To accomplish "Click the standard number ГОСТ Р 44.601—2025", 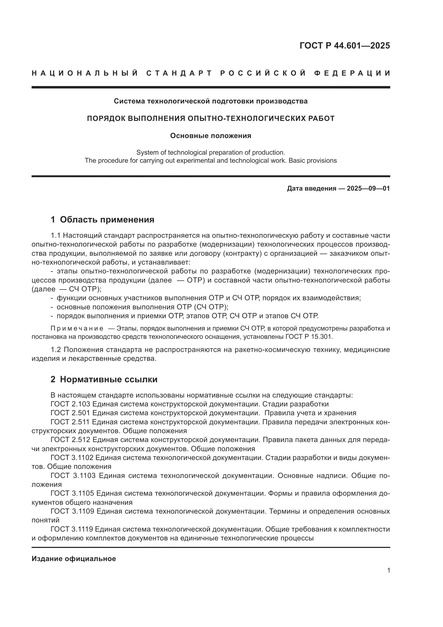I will (344, 46).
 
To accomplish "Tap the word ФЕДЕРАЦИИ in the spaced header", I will (352, 73).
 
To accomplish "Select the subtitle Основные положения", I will (210, 136).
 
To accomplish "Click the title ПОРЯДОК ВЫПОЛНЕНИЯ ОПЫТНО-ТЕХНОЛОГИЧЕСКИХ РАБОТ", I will (210, 118).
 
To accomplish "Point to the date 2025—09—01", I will (368, 188).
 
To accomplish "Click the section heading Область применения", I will (107, 220).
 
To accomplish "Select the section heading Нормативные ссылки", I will (108, 379).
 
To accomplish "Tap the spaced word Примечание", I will (77, 328).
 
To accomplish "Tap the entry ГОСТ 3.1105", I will (72, 493).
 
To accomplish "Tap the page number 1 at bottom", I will (388, 570).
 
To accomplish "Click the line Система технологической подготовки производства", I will (210, 101).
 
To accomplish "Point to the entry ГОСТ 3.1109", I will (72, 511).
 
